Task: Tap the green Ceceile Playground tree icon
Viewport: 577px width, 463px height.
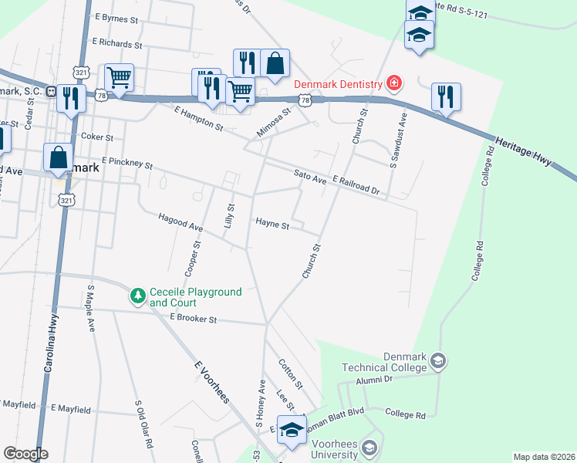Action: [138, 296]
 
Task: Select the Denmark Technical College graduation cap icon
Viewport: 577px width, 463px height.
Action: [438, 360]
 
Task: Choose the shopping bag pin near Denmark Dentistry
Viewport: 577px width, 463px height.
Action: [275, 64]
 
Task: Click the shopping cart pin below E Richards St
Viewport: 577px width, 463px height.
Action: [119, 76]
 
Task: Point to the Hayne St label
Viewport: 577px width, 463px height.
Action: [272, 226]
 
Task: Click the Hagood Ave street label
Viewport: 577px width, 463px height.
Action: [181, 223]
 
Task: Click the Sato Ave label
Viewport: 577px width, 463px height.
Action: [310, 177]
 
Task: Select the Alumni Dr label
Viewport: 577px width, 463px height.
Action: [375, 380]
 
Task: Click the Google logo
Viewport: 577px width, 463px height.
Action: [25, 454]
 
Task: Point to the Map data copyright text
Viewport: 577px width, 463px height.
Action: [544, 457]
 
